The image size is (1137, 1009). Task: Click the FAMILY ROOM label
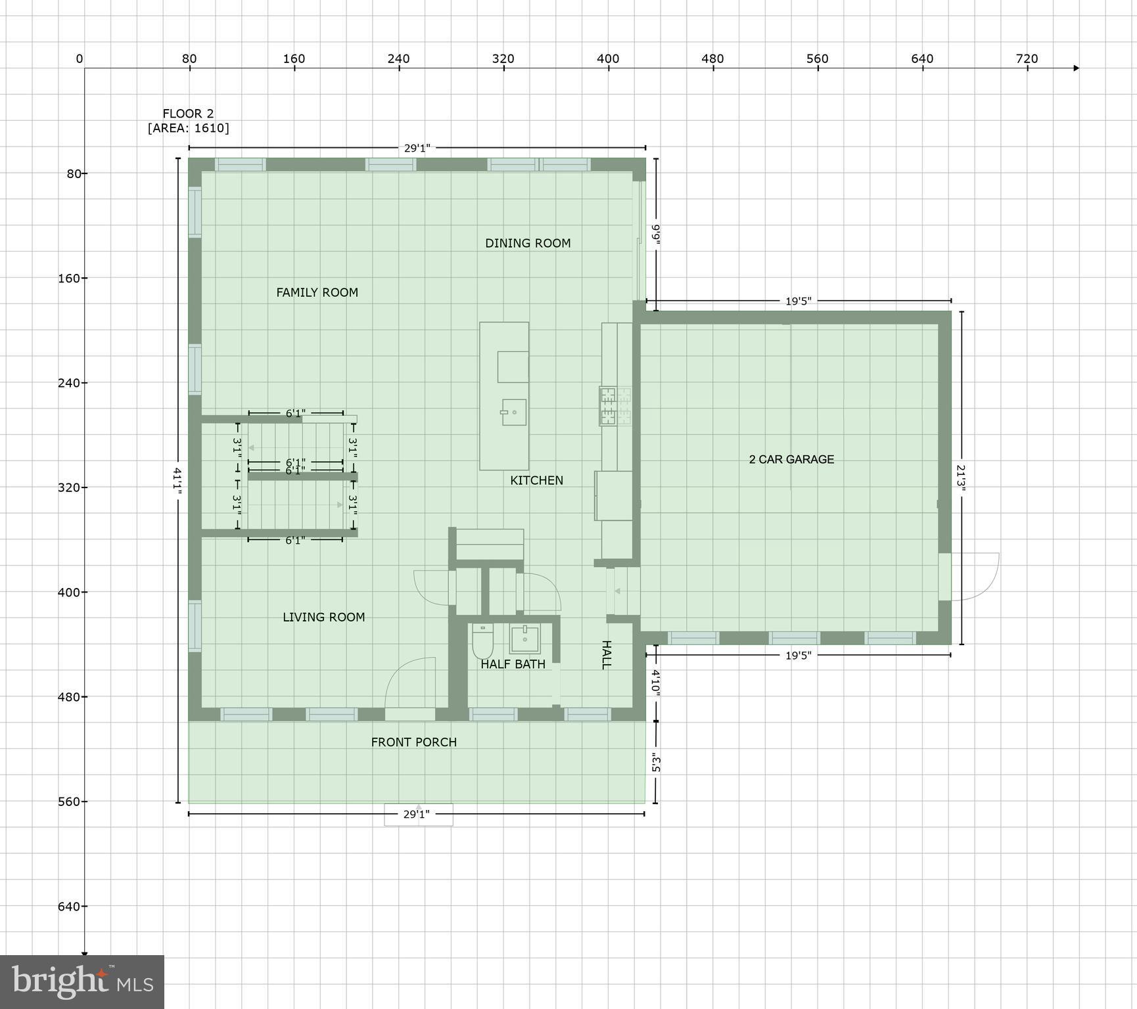pos(317,292)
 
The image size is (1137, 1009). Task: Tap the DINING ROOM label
pos(528,243)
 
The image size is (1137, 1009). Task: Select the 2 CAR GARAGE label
pos(791,459)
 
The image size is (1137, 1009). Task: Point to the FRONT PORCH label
pos(413,742)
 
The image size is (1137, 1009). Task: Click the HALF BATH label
pos(513,664)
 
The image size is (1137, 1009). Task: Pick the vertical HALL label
pos(606,654)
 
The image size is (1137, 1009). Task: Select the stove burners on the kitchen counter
pos(615,405)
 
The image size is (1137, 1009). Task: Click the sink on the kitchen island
pos(514,412)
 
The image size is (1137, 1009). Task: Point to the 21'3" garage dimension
pos(961,478)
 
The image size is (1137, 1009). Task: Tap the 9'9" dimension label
pos(655,235)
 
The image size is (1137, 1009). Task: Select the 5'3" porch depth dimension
pos(655,763)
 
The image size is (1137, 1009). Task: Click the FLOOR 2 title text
pos(188,114)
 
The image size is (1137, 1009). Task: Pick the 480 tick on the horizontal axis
pos(712,59)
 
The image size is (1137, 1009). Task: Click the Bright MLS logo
pos(82,982)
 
